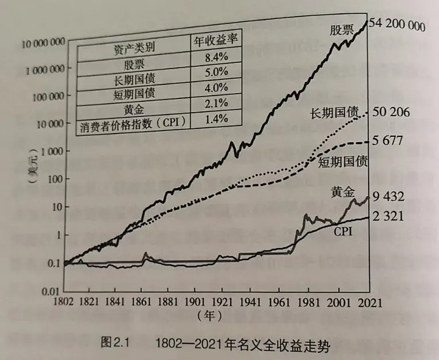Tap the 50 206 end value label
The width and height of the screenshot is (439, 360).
(391, 112)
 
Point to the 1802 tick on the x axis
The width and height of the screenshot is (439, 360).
(65, 302)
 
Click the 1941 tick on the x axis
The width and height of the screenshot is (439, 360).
(250, 302)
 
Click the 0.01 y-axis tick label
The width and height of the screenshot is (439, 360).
(52, 290)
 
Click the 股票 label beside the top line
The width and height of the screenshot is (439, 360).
(342, 30)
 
